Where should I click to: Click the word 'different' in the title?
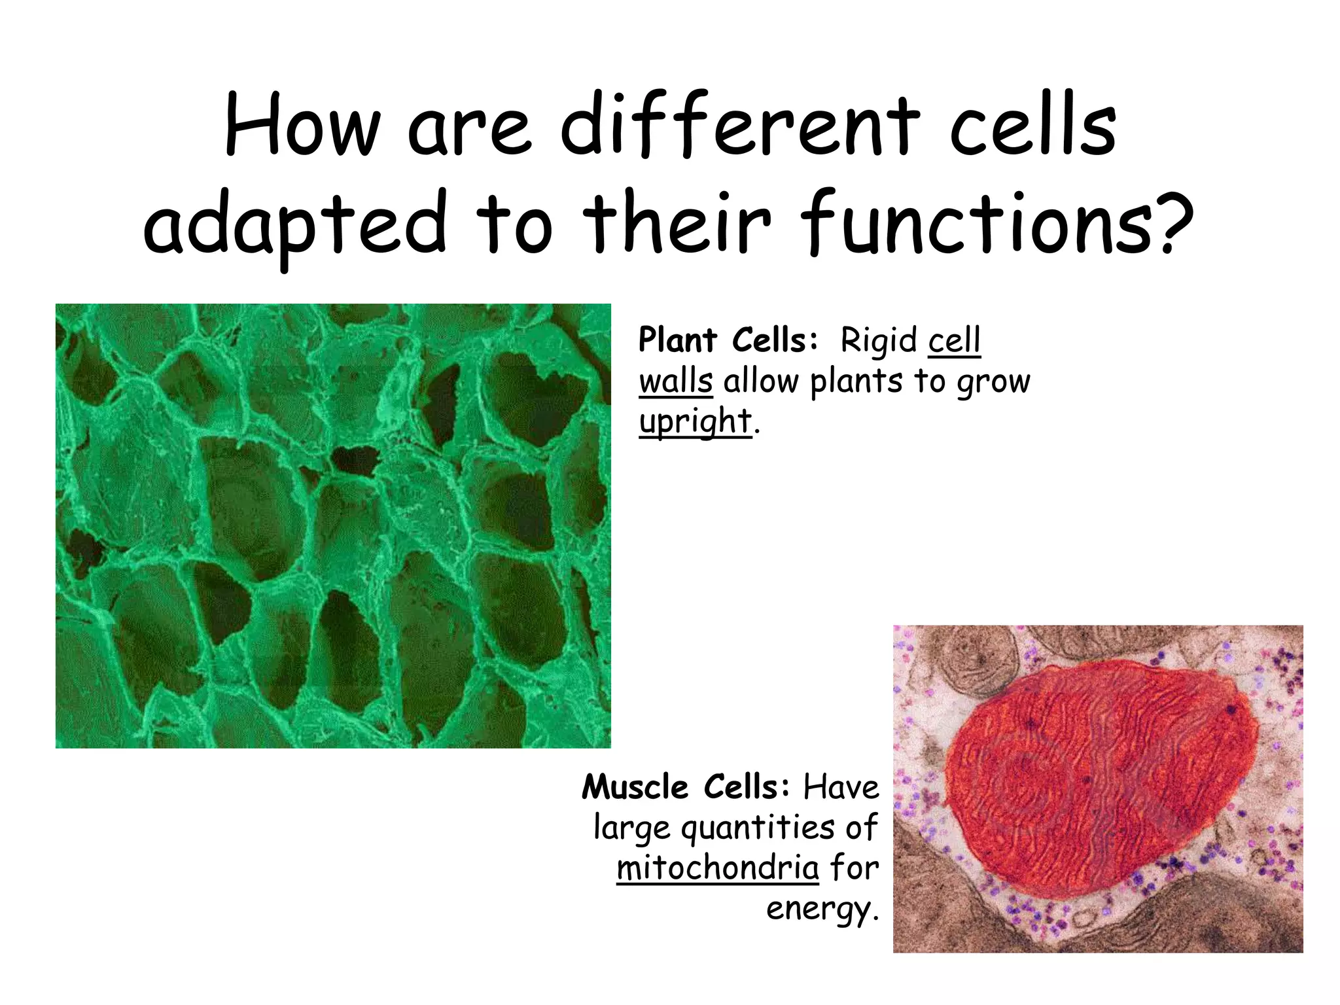click(739, 128)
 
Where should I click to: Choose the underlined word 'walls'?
click(675, 381)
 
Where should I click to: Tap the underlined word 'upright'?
click(695, 422)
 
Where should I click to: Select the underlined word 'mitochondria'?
click(717, 869)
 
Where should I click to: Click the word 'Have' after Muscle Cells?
click(841, 787)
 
